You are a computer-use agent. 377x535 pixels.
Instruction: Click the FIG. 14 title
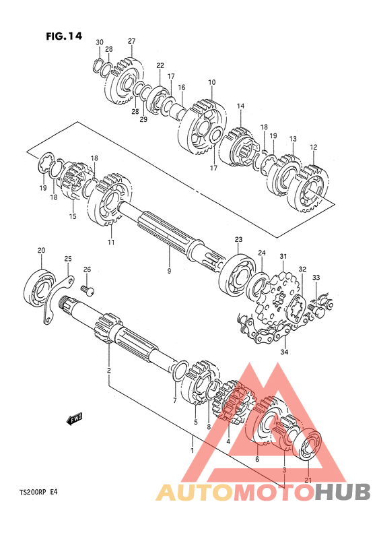(x=64, y=36)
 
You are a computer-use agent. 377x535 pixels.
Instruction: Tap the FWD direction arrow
(x=75, y=418)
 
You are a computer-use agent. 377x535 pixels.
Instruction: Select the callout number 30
(x=99, y=42)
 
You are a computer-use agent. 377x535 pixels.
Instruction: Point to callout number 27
(x=131, y=41)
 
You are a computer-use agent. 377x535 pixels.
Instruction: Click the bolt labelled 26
(x=88, y=290)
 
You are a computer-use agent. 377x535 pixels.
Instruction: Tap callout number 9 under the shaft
(x=169, y=271)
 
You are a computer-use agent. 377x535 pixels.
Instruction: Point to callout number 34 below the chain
(x=284, y=352)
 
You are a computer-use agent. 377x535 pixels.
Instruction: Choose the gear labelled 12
(x=308, y=189)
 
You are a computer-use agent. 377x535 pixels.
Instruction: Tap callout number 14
(x=240, y=106)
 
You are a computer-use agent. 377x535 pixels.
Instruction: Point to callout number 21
(x=308, y=480)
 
